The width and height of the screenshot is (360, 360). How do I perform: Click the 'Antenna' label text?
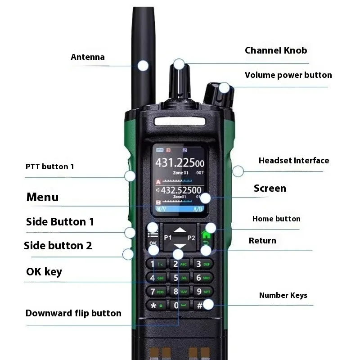88,57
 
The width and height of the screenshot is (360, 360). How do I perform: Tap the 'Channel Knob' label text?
276,50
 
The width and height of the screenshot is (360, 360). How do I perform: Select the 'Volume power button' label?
288,75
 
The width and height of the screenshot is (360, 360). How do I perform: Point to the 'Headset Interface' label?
293,161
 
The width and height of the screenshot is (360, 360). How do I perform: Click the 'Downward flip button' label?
73,313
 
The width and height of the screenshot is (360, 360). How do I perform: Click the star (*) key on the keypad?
154,306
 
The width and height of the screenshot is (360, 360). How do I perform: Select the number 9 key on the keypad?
198,292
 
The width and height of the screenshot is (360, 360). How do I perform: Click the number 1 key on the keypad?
153,264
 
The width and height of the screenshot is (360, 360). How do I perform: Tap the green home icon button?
207,234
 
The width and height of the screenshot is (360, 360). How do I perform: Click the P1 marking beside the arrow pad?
168,237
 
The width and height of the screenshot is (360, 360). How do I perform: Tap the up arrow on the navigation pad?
180,230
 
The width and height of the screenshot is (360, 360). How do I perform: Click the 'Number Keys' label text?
283,296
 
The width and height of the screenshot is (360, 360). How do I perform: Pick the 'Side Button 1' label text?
60,222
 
